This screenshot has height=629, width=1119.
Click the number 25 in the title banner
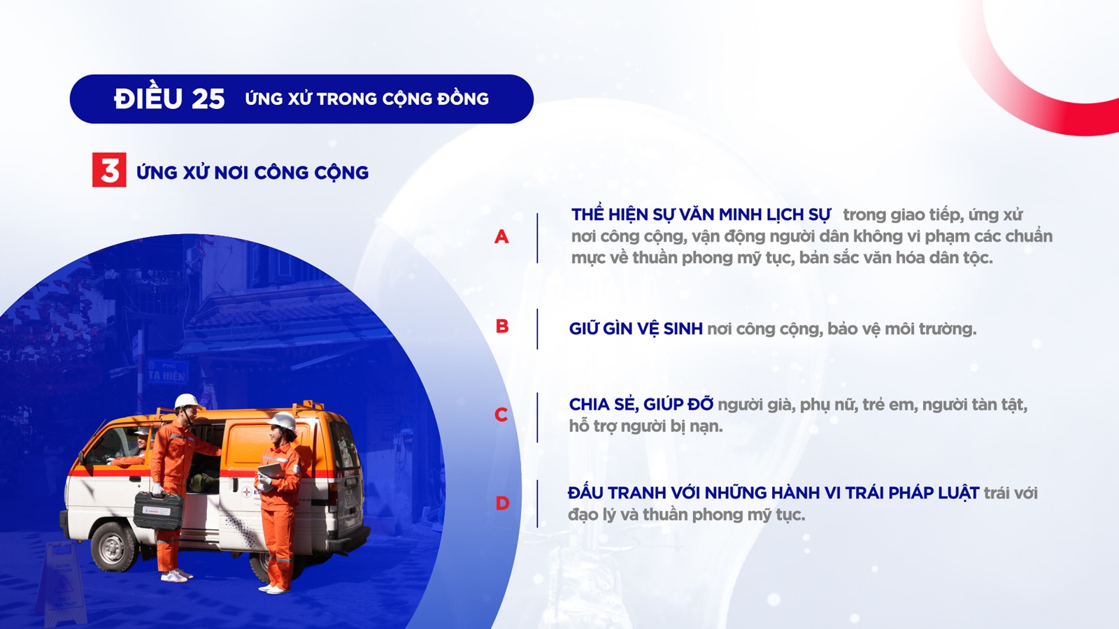tap(208, 99)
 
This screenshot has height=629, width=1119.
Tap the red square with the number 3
tap(109, 170)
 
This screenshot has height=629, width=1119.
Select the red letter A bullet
tap(501, 237)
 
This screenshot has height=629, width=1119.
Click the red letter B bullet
tap(502, 326)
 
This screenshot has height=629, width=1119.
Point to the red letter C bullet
tap(501, 414)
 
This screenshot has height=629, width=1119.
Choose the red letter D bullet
tap(502, 503)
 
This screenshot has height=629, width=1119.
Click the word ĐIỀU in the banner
tap(148, 98)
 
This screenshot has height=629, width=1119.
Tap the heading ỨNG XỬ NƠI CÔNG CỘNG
tap(252, 172)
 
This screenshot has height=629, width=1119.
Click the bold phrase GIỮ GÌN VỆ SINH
tap(636, 328)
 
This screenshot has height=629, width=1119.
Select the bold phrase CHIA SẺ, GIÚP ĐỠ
tap(641, 404)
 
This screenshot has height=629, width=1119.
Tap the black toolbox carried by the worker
tap(158, 510)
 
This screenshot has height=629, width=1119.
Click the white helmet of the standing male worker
tap(187, 401)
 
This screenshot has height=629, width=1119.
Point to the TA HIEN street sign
tap(167, 372)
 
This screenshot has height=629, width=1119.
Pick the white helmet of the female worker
tap(283, 421)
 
